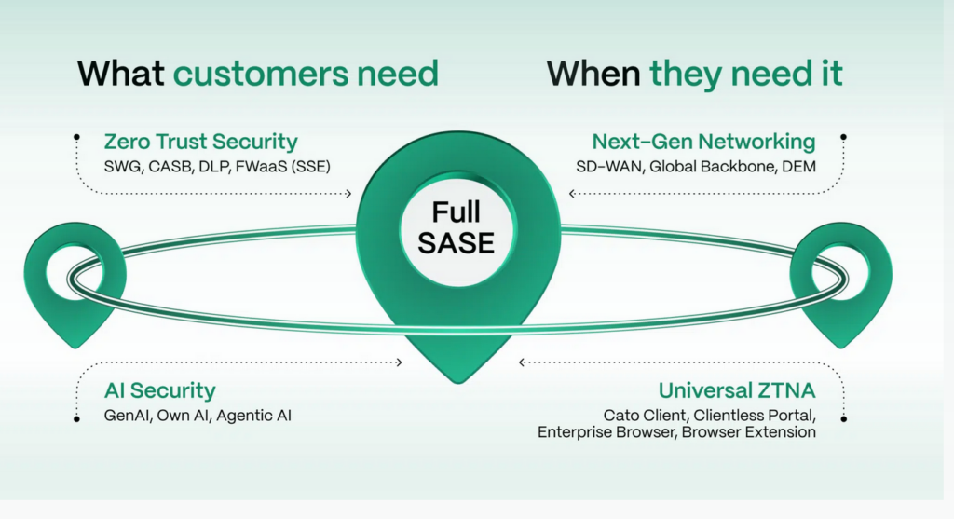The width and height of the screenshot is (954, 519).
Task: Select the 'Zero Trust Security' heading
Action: pyautogui.click(x=201, y=142)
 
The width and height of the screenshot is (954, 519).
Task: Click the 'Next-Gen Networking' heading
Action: pyautogui.click(x=703, y=142)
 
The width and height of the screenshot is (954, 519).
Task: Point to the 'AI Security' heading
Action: pyautogui.click(x=159, y=390)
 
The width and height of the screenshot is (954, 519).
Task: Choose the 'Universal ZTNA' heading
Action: pyautogui.click(x=737, y=390)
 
